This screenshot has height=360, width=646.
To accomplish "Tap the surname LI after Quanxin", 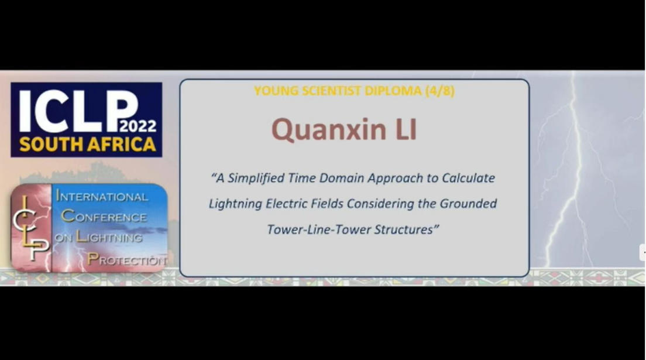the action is point(406,129).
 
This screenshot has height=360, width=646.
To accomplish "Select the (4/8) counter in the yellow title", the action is point(440,91).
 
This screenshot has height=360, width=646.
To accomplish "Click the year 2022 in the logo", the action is point(138,126).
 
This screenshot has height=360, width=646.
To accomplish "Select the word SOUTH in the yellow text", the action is point(47,145).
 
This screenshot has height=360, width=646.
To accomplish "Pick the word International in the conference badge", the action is point(102,196).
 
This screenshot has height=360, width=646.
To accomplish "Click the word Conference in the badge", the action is point(104,216).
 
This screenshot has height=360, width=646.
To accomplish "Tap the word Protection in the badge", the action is point(127,259).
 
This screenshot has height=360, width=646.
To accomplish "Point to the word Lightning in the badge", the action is point(109,237).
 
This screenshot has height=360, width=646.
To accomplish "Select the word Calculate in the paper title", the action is point(469,178).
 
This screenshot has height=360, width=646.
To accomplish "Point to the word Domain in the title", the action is point(342,178).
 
